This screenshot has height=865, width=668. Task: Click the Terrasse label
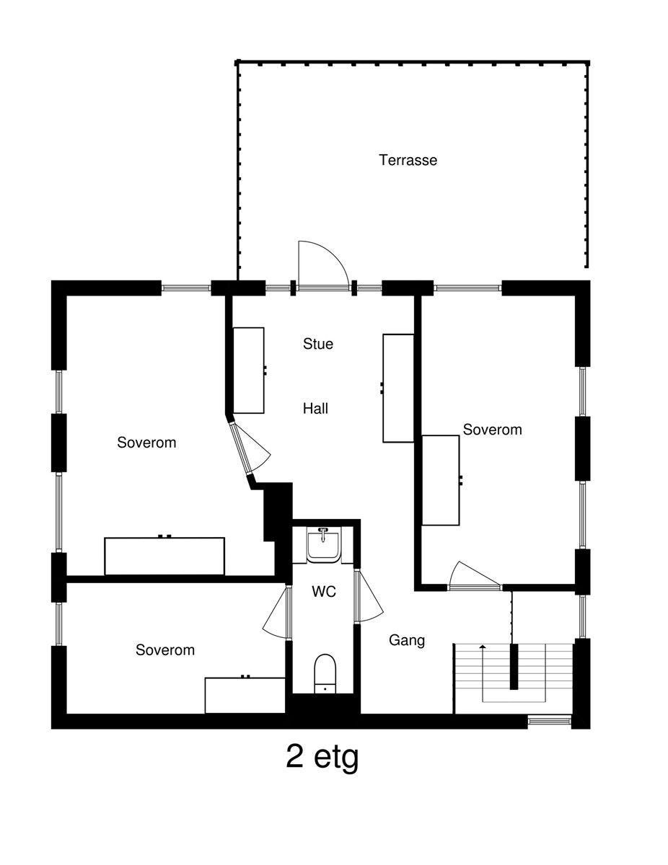pos(408,160)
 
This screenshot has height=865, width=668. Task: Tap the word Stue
pos(318,344)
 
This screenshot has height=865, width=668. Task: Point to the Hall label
pos(315,409)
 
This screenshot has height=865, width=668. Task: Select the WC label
pos(324,592)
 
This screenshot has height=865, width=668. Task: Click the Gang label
pos(407,641)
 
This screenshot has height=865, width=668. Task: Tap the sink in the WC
pos(323,544)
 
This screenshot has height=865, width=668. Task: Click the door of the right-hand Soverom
pos(475,575)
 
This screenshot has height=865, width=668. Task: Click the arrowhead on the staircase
pos(483,646)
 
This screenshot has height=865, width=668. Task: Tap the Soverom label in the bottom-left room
pos(165,650)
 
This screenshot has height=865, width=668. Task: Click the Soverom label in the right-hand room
pos(492,430)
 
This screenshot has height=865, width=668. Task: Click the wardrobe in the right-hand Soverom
pos(441,481)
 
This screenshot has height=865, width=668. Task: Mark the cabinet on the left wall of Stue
pos(249,371)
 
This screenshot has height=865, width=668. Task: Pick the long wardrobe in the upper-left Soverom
pos(164,555)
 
